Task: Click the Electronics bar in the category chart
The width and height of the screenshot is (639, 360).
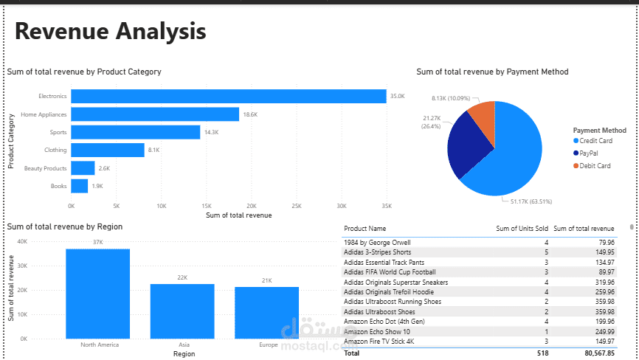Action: [x=229, y=96]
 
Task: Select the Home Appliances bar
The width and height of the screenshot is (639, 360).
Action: [x=155, y=114]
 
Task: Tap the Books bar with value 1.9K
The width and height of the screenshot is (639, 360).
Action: [x=80, y=186]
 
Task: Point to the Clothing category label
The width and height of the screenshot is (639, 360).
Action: [x=55, y=150]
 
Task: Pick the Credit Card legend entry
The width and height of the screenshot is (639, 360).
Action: [x=596, y=141]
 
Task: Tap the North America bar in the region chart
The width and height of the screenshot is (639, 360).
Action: [x=97, y=294]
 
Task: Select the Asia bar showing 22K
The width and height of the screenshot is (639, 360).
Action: [x=182, y=311]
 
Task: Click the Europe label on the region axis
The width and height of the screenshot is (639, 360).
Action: [x=268, y=345]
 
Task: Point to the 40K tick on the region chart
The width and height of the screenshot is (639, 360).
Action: [x=22, y=241]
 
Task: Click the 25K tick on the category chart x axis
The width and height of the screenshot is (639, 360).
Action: [x=296, y=206]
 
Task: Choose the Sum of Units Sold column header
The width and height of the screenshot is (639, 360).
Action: [x=521, y=229]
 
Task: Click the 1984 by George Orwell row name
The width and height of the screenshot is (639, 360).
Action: [x=377, y=242]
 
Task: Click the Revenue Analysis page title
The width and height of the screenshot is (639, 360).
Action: [x=110, y=31]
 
